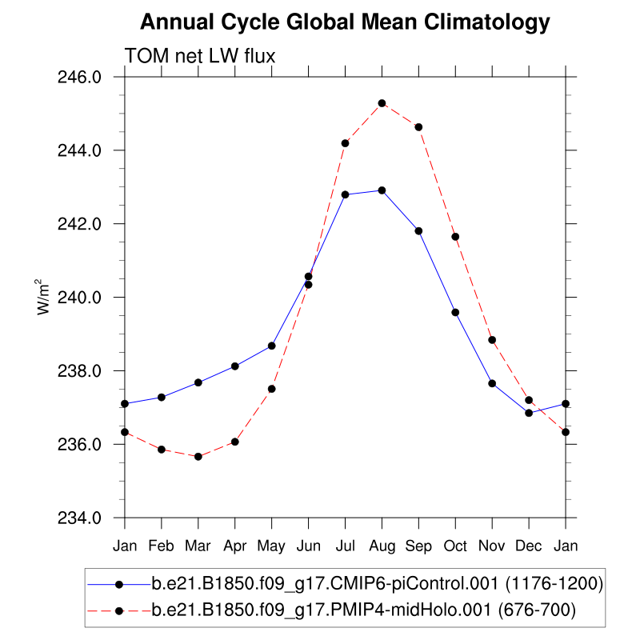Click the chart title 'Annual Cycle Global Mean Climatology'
345,22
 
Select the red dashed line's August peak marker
382,103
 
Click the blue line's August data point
382,190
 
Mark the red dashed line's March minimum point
198,456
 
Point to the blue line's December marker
529,413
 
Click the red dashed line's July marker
345,143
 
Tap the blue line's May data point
271,346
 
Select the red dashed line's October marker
455,237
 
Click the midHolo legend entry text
364,611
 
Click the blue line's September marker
418,230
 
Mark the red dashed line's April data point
234,442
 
